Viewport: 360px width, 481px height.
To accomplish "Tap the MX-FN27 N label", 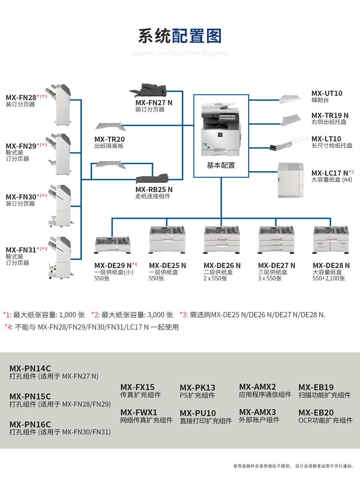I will click(x=154, y=103).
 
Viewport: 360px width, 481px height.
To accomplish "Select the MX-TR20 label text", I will click(x=109, y=139).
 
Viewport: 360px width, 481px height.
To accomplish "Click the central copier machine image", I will click(x=221, y=129).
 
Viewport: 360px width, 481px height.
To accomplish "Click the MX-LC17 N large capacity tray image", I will click(x=291, y=180).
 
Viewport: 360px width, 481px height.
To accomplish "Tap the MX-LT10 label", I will click(x=326, y=139).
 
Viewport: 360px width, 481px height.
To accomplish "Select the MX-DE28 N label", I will click(x=331, y=266).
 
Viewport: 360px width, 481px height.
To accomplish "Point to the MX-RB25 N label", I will click(x=154, y=189).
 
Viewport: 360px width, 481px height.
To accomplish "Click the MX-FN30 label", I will click(x=21, y=197).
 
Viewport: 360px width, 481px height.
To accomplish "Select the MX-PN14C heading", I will click(x=30, y=368).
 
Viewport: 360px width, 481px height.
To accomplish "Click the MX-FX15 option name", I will click(x=137, y=387).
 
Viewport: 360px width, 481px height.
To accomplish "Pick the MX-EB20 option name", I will click(x=316, y=413).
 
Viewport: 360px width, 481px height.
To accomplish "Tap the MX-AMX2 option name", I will click(x=257, y=387).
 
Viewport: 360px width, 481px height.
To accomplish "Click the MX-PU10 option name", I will click(x=198, y=413).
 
